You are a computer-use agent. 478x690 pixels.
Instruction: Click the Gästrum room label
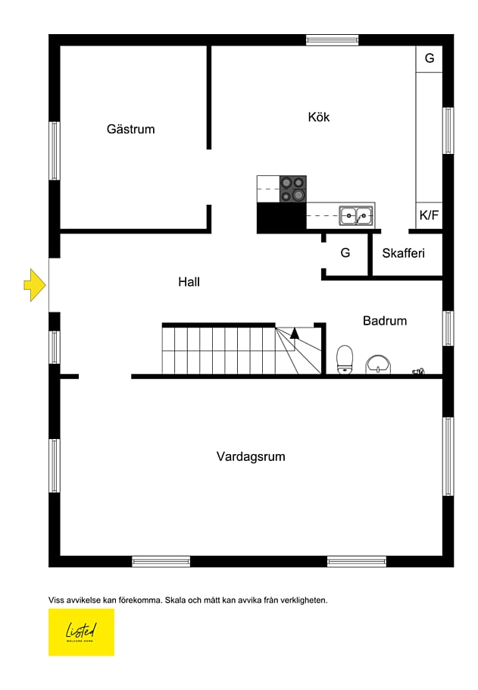click(130, 129)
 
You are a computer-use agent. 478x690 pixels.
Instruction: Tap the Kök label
click(319, 117)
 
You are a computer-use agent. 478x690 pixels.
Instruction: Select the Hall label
click(189, 282)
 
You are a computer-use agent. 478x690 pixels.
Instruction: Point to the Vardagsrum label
click(251, 456)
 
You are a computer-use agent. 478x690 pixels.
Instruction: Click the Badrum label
click(384, 321)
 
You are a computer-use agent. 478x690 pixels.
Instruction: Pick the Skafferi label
click(402, 253)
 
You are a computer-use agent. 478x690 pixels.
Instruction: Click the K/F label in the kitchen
click(429, 215)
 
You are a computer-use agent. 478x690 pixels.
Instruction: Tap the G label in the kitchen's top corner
click(429, 58)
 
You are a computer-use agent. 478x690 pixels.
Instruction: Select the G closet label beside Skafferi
click(345, 253)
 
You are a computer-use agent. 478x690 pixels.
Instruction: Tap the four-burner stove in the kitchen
click(293, 189)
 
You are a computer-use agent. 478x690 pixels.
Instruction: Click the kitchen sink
click(355, 215)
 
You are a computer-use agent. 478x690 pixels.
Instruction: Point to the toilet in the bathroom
click(345, 359)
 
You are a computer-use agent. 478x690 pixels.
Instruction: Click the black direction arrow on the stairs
click(295, 331)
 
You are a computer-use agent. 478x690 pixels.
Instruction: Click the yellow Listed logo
click(81, 632)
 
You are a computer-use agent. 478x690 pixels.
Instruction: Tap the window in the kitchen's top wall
click(332, 39)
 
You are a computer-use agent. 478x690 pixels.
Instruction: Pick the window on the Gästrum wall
click(55, 150)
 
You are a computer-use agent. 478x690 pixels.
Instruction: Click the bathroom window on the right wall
click(448, 328)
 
